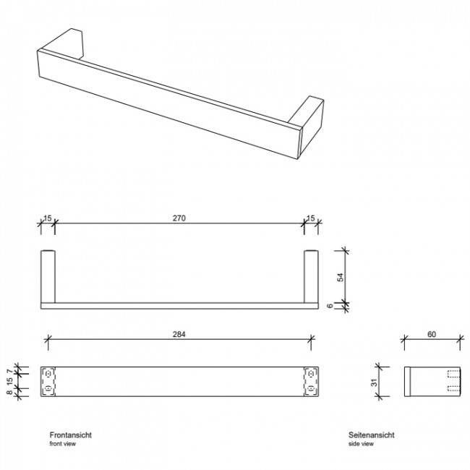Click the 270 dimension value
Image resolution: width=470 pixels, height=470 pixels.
tap(179, 218)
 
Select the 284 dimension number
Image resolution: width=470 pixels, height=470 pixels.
tap(179, 334)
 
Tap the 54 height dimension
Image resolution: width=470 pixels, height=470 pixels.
tap(341, 277)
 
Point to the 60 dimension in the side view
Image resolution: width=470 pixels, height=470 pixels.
tap(432, 334)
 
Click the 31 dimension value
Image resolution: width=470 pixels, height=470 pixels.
tap(375, 383)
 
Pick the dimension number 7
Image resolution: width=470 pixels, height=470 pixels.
tap(10, 371)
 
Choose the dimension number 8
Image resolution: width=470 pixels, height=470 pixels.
tap(10, 392)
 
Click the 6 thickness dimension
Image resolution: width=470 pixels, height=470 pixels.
tap(330, 306)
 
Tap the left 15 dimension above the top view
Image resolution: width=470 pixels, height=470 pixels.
tap(47, 218)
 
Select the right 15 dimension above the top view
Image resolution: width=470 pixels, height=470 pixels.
tap(311, 218)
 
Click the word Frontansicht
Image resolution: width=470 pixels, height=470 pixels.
tap(70, 435)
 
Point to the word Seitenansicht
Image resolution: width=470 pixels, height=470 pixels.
tap(372, 435)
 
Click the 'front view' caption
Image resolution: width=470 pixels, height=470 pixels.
tap(63, 444)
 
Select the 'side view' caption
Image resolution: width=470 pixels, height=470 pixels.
tap(361, 444)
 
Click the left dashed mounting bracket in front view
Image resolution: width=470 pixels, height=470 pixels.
tap(48, 381)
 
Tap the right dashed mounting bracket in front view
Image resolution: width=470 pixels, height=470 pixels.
tap(311, 381)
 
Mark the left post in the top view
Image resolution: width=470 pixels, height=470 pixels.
tap(48, 276)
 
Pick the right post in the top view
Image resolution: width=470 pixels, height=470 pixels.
tap(311, 276)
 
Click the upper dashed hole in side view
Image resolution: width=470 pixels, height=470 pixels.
tap(453, 374)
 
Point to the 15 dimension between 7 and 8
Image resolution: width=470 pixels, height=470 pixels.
tap(10, 381)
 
